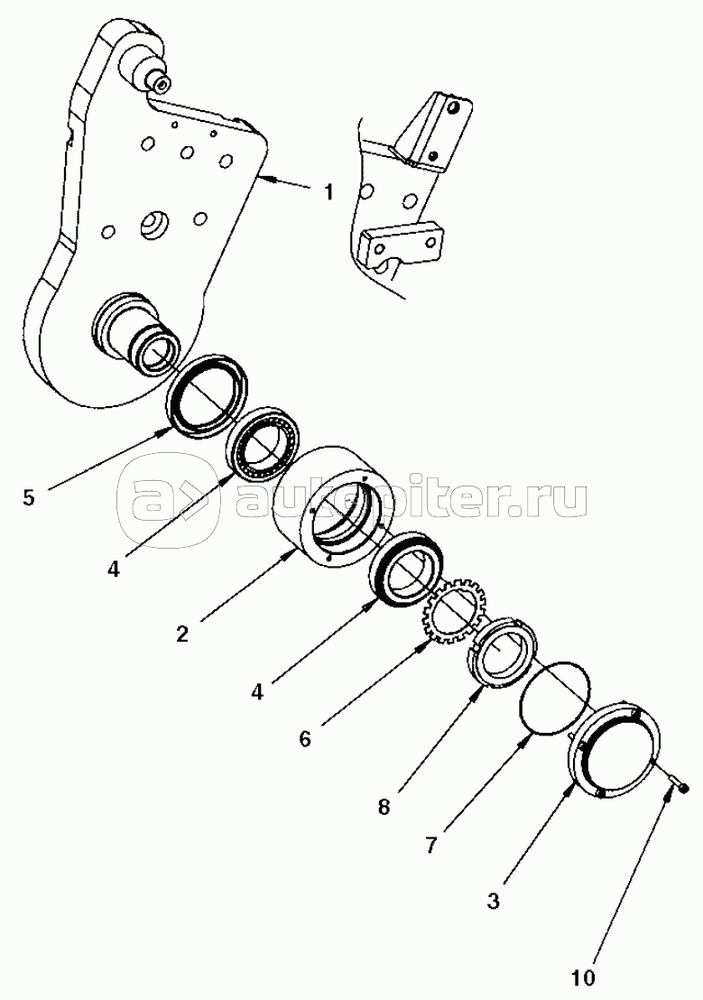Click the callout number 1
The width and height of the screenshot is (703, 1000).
click(328, 192)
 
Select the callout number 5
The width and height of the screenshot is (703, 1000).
click(29, 496)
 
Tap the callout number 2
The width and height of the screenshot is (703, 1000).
click(182, 634)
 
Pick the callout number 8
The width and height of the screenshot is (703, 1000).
click(383, 807)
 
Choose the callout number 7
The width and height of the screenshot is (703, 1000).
click(431, 846)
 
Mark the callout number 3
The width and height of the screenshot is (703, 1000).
click(493, 901)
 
